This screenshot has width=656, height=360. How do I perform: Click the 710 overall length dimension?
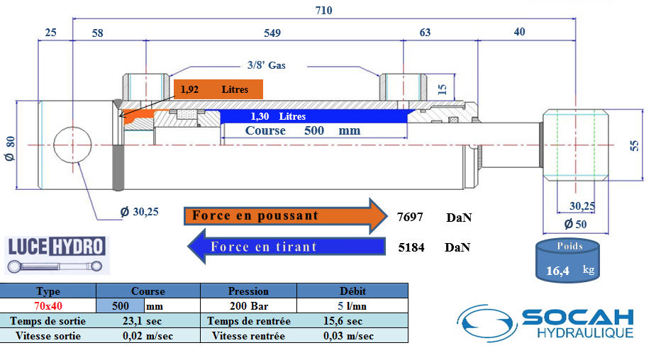324,11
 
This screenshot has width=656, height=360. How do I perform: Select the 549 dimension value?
272,33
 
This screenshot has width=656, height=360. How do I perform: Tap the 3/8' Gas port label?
267,65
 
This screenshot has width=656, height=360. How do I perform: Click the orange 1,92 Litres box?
218,89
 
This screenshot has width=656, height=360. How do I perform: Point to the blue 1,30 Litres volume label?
278,116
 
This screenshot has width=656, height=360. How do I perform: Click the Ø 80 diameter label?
10,148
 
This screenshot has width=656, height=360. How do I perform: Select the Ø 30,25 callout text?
139,212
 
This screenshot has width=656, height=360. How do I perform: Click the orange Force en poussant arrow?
286,215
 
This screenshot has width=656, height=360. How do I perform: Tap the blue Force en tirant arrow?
287,247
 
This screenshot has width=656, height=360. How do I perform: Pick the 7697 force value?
410,217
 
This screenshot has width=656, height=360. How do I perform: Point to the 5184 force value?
411,247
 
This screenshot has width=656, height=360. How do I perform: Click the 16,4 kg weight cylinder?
568,261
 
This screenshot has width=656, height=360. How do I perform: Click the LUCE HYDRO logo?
57,255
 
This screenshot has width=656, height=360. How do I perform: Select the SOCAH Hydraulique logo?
545,323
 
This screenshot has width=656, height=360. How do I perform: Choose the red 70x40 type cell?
48,305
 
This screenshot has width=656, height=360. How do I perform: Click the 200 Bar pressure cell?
248,305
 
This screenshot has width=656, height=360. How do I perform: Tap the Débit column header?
352,291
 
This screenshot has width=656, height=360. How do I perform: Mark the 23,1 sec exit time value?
143,321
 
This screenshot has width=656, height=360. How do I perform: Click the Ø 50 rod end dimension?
576,224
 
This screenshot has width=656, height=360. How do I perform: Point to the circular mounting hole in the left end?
72,145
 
